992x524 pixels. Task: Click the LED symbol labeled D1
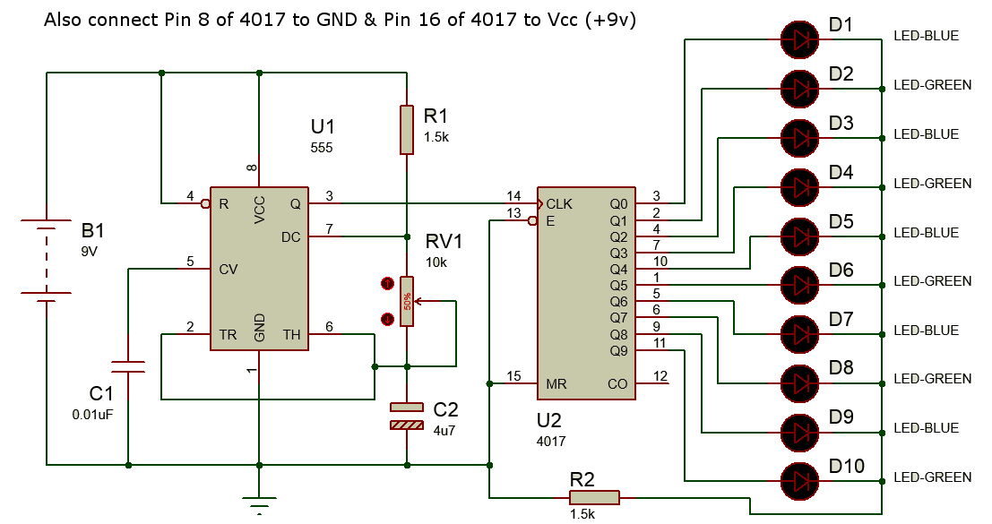[x=799, y=39]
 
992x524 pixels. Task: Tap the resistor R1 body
[x=406, y=129]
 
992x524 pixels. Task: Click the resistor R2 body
[x=594, y=497]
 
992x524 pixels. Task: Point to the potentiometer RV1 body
[x=406, y=301]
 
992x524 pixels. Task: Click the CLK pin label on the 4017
[x=559, y=203]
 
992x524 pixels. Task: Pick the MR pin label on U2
[x=556, y=383]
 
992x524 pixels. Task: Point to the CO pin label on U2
[x=617, y=383]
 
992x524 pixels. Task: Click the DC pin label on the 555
[x=290, y=236]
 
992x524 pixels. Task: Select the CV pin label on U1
[x=229, y=269]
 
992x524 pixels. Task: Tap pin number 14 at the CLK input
[x=513, y=195]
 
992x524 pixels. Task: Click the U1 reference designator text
[x=322, y=126]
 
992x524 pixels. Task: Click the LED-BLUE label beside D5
[x=926, y=232]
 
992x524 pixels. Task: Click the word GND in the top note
[x=363, y=20]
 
